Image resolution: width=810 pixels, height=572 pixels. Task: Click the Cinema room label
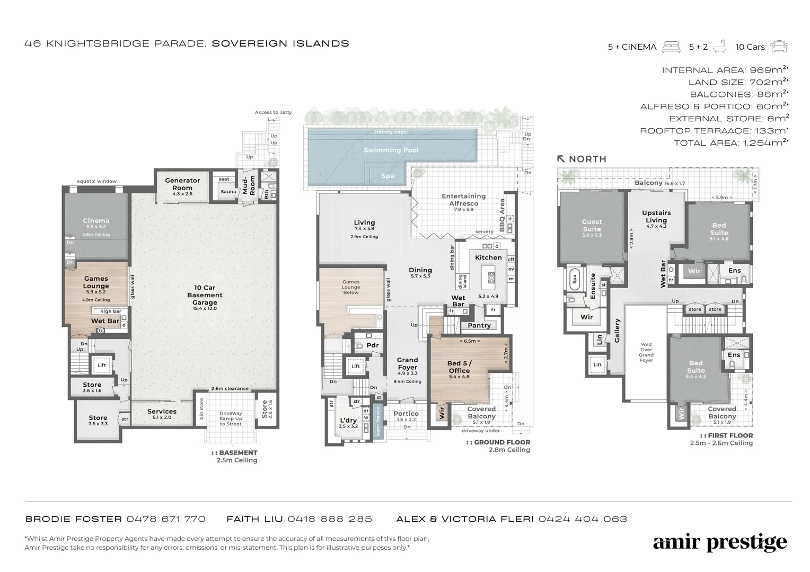96,221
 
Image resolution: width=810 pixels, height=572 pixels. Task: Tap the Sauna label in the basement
228,192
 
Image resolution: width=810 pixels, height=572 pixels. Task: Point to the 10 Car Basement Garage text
205,295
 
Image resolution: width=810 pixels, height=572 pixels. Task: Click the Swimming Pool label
391,150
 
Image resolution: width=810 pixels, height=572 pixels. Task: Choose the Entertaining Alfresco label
463,200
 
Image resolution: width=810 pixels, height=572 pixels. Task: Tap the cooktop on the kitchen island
491,277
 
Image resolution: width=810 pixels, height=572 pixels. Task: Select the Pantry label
479,325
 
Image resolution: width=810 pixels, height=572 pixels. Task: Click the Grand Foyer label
408,363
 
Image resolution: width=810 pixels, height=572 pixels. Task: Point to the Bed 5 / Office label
459,367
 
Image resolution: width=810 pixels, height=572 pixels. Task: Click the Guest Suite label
592,225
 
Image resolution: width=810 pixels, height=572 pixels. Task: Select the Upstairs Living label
656,216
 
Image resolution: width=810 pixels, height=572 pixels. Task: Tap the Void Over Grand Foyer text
646,352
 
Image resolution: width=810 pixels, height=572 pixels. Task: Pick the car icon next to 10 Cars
779,47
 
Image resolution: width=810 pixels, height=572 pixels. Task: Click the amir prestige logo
719,543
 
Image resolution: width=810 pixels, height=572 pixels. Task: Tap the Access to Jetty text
273,112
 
